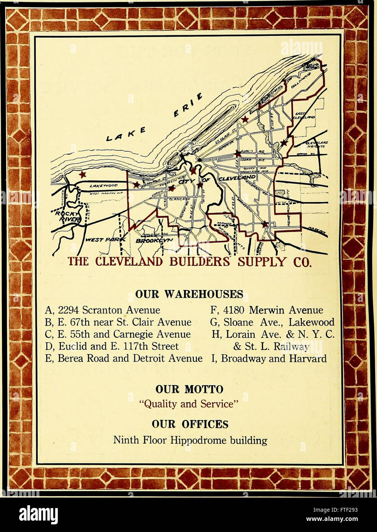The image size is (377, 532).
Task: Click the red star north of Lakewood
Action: tap(82, 175)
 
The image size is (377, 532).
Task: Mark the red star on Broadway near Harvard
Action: tap(264, 224)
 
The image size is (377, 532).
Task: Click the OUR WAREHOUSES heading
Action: tap(189, 294)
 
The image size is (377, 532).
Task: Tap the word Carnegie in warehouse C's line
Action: tap(146, 334)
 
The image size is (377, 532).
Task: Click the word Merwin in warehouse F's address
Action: tap(267, 310)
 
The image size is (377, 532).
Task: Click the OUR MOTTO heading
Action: tap(189, 390)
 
